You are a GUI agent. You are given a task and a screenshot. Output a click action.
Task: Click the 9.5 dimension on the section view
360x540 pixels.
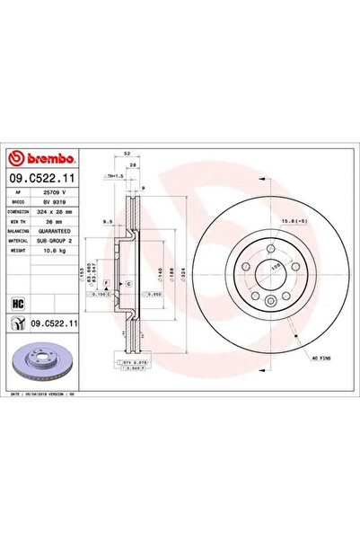(107, 220)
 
